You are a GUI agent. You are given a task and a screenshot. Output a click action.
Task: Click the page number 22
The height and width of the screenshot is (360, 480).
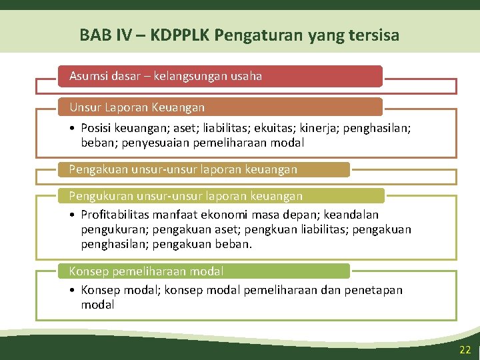point(465,350)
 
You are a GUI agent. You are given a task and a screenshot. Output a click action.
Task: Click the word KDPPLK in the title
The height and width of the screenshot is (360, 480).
point(181,35)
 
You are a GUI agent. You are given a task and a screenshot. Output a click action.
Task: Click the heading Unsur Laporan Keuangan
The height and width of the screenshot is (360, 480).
point(137,107)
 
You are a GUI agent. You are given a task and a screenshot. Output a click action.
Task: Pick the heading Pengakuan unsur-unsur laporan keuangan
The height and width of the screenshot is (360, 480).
point(183,169)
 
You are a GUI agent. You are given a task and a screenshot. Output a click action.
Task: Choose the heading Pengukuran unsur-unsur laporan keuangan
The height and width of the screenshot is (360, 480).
point(185,195)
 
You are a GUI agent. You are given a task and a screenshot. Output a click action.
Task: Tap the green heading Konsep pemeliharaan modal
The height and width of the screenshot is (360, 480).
point(146,271)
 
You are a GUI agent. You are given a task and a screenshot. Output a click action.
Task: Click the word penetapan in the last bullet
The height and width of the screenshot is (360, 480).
point(374,290)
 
